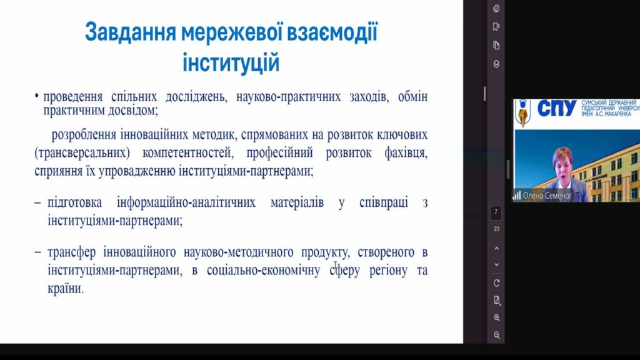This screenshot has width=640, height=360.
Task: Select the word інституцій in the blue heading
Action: point(231,63)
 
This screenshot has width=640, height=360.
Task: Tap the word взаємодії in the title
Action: point(332,32)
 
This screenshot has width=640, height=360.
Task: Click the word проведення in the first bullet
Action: point(72,97)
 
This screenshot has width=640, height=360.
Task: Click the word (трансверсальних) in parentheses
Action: point(82,153)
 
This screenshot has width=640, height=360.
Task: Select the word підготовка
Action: point(75,202)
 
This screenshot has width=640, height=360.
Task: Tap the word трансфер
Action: point(71,252)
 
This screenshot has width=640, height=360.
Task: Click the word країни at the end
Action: point(65,289)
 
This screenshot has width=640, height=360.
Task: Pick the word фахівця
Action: point(406,153)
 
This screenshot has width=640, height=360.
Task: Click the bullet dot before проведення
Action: point(37,97)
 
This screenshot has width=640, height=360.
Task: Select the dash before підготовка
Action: point(38,203)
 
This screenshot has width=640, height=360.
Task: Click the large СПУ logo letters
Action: point(557,109)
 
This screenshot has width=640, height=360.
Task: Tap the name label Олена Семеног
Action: point(547,196)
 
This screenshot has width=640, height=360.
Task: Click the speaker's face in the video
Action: point(564,165)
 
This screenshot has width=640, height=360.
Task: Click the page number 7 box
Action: point(496,212)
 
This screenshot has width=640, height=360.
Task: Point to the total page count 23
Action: point(496,229)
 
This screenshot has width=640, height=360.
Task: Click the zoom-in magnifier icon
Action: point(496,317)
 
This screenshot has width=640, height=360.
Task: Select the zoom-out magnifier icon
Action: point(496,335)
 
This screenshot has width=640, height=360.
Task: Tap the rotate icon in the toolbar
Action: point(496,283)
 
